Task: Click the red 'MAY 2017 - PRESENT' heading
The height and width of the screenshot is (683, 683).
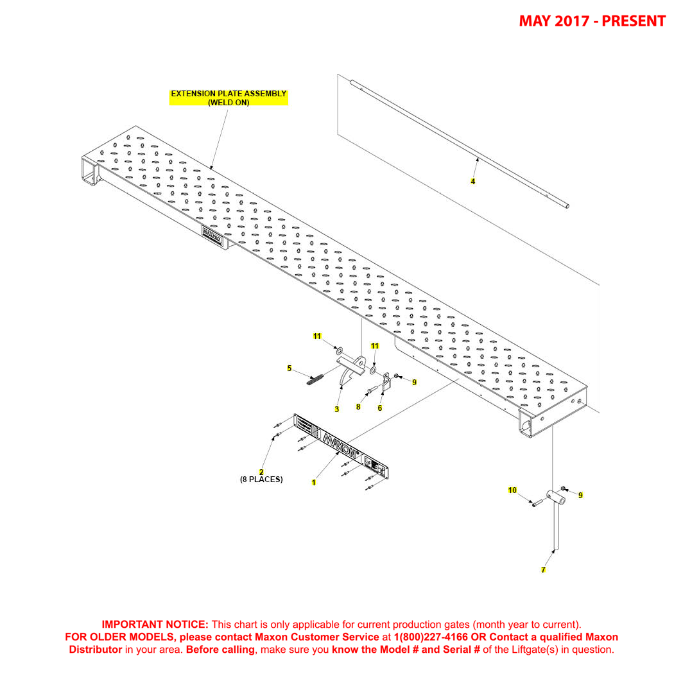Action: point(592,21)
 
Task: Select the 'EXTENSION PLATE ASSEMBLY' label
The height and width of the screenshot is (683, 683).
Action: point(229,94)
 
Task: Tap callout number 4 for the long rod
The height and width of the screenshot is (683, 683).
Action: point(472,182)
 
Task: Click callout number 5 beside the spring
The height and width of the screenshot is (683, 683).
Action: point(290,368)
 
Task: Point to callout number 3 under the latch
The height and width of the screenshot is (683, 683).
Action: point(336,410)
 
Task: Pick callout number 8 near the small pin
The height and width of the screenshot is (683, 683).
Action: point(358,407)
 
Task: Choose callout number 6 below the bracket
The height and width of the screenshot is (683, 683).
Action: point(380,408)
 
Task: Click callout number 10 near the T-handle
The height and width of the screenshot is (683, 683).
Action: point(512,490)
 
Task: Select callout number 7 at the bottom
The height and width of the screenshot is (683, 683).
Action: point(543,570)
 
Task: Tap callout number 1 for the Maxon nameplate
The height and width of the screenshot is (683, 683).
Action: point(313,483)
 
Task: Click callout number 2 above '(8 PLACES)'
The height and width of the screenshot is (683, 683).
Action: point(261,472)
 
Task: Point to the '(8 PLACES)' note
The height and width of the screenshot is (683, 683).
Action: point(261,480)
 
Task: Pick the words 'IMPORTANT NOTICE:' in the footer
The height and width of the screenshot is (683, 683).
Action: point(155,625)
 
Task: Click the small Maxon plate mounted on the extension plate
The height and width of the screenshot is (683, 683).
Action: point(212,235)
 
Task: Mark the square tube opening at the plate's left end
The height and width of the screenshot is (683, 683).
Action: point(87,172)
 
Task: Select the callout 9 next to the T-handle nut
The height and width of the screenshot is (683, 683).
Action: point(580,496)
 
